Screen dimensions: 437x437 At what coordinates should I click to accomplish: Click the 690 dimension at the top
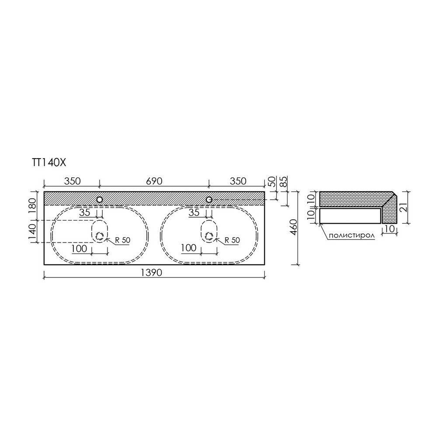[154, 181]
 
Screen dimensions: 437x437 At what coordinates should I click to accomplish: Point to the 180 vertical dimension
[33, 205]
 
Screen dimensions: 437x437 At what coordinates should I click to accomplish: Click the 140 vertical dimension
[33, 231]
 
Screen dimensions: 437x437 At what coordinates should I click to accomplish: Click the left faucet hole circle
[100, 200]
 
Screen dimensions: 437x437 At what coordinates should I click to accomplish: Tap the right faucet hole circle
[209, 200]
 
